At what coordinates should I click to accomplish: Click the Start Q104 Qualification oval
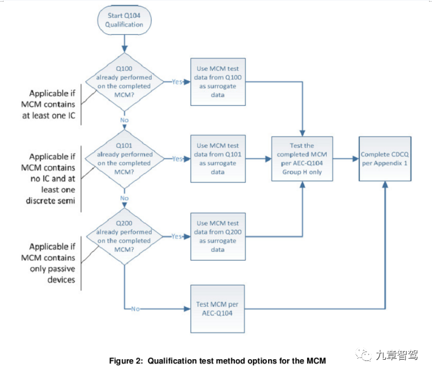pos(124,20)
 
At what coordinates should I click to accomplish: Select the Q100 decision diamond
pos(124,82)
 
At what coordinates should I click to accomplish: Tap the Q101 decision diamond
pos(124,159)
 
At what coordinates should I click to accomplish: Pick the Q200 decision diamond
pos(124,236)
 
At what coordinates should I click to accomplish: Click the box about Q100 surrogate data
pos(218,82)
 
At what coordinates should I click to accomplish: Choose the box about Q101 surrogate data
pos(218,159)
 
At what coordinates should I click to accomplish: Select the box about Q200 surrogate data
pos(218,236)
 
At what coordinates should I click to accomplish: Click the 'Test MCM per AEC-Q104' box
pos(217,309)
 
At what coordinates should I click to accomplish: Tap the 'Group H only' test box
pos(302,159)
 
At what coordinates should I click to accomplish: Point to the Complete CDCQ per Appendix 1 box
pos(385,159)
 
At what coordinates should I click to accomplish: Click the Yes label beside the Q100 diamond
pos(177,82)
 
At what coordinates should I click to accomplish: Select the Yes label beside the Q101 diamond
pos(177,159)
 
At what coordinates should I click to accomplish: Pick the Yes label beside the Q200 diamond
pos(176,236)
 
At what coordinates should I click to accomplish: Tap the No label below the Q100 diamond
pos(124,120)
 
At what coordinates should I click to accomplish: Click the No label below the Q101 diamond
pos(124,198)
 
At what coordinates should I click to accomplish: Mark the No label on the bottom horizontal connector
pos(136,309)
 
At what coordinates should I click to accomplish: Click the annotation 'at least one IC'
pos(49,115)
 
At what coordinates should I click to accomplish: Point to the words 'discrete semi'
pos(50,201)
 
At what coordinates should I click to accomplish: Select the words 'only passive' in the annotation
pos(52,269)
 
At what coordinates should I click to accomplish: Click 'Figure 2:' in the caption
pos(126,361)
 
